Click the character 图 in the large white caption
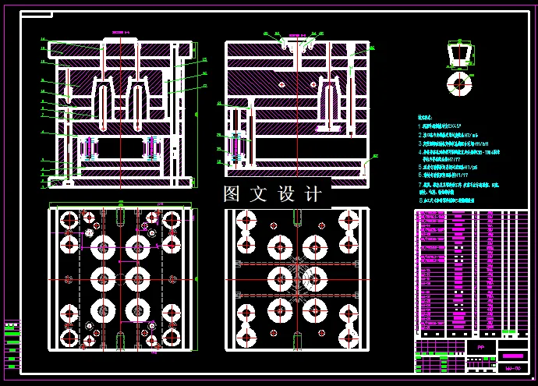[232, 194]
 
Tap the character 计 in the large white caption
[313, 194]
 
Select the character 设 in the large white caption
[286, 194]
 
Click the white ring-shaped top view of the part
[459, 83]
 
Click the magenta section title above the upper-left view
[119, 33]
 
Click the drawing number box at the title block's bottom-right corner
[513, 367]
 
